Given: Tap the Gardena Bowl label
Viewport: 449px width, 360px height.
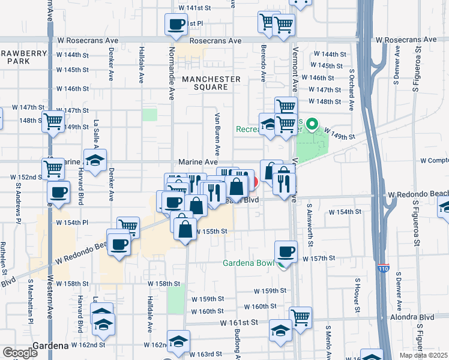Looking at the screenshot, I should pyautogui.click(x=249, y=263).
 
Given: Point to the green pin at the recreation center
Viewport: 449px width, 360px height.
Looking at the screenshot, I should pyautogui.click(x=312, y=125).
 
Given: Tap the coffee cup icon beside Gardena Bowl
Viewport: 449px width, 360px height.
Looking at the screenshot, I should pyautogui.click(x=286, y=251).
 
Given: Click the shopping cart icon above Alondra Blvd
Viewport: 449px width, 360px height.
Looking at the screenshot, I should pyautogui.click(x=300, y=316).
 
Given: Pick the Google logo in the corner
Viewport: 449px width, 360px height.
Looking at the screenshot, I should pyautogui.click(x=20, y=353).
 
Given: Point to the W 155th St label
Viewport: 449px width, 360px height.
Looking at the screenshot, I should pyautogui.click(x=211, y=231).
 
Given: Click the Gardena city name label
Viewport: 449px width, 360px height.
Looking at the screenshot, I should pyautogui.click(x=51, y=346).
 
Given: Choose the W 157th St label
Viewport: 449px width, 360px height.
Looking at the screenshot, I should pyautogui.click(x=318, y=258).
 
